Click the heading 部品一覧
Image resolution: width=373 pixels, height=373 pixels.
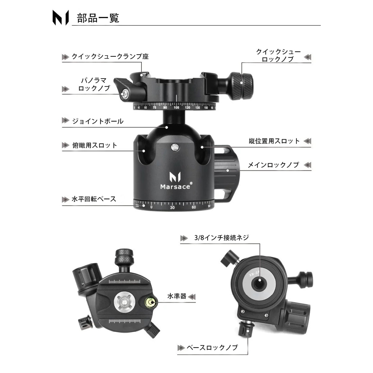(98, 18)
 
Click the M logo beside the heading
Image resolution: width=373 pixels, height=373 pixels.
(61, 18)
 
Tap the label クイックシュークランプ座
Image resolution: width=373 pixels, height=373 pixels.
(110, 57)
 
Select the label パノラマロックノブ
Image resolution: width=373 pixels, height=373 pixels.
(94, 84)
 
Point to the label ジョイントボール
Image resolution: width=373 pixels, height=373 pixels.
(98, 121)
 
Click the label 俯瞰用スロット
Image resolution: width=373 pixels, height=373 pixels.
(95, 145)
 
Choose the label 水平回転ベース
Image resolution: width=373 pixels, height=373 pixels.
(94, 199)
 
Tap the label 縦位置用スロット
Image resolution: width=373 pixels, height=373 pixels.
(274, 141)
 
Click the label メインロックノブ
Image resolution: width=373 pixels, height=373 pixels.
(274, 165)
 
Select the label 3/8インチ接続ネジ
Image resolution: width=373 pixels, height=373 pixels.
(222, 238)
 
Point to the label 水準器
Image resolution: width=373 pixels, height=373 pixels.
(177, 296)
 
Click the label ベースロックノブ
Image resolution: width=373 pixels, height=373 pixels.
(212, 348)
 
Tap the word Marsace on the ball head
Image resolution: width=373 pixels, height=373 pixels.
(175, 186)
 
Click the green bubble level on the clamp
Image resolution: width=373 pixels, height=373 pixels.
(151, 302)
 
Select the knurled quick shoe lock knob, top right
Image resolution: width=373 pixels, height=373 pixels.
(242, 86)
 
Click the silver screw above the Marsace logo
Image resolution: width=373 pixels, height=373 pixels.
(175, 147)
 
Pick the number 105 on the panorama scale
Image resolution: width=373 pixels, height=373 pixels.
(176, 108)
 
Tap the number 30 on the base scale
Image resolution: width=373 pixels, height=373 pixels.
(172, 208)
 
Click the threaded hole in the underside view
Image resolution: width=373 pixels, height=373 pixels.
(259, 284)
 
